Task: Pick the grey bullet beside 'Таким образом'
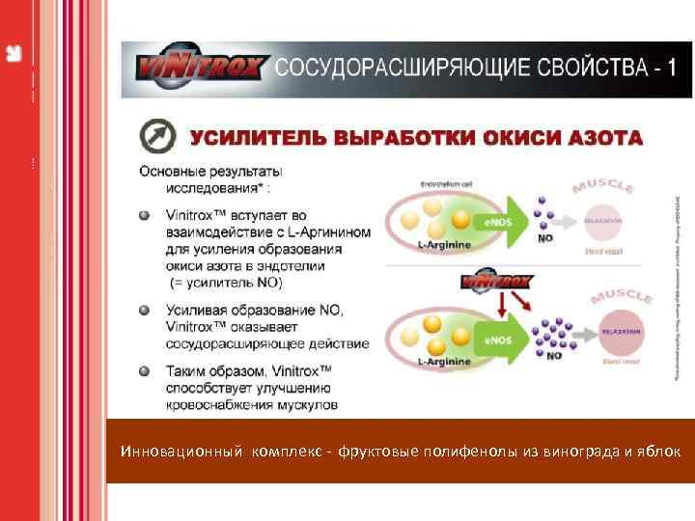pos(145,370)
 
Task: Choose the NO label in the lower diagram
pos(554,355)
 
